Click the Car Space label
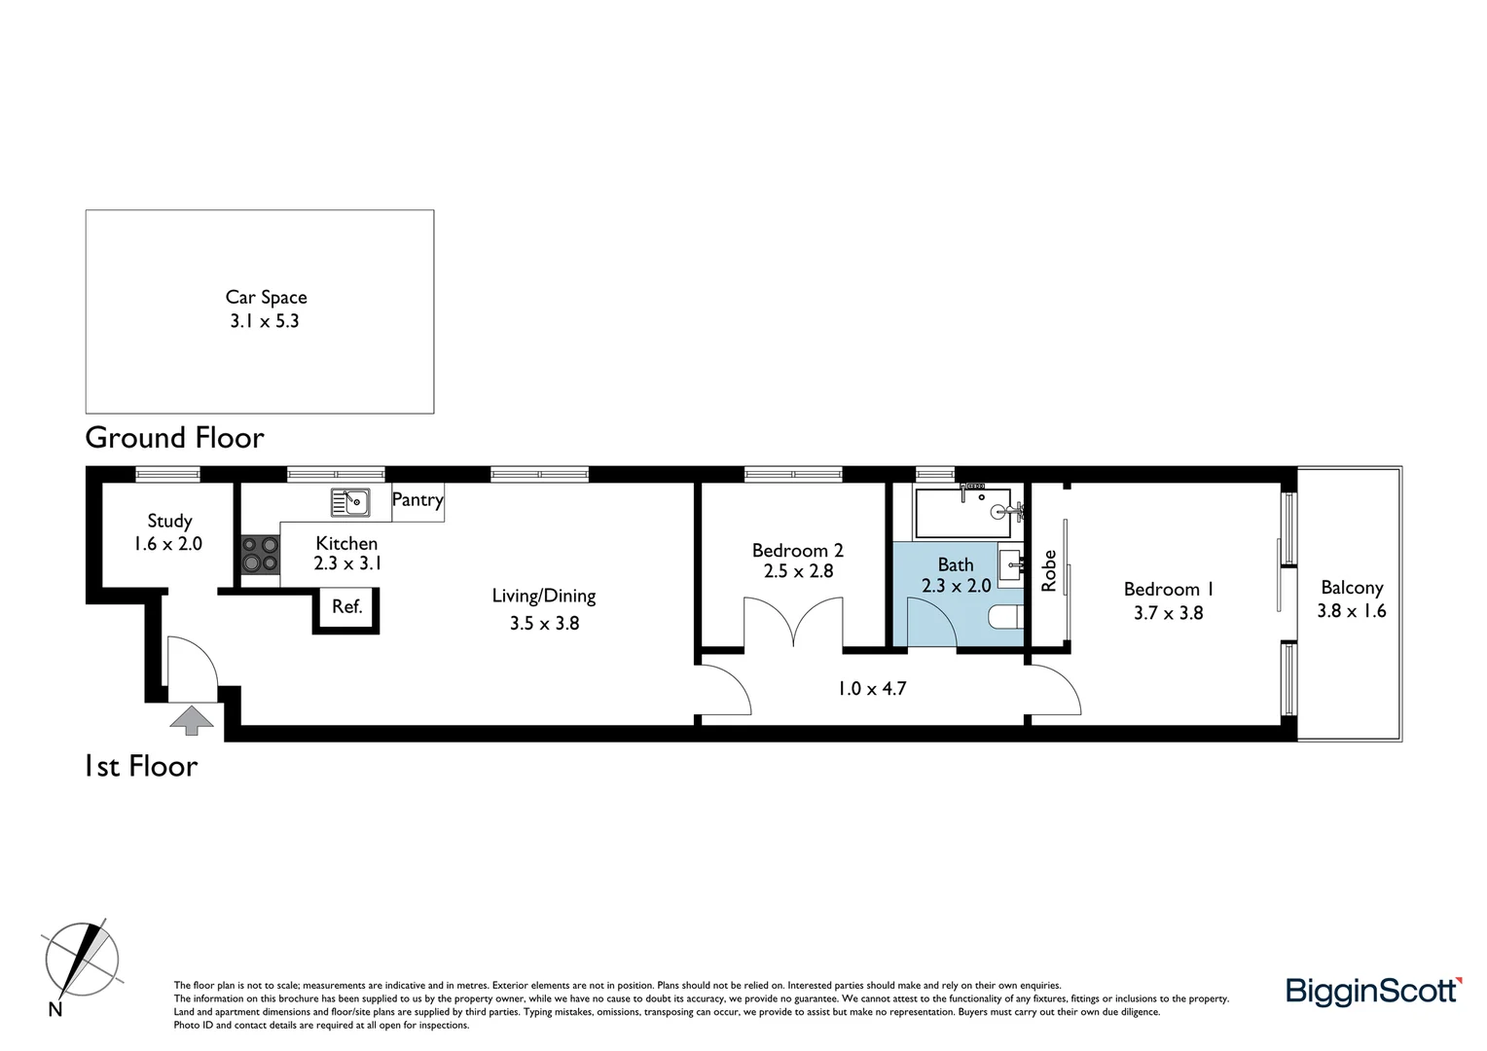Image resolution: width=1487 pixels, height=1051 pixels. coord(266,298)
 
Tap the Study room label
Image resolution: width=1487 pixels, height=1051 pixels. coord(169,521)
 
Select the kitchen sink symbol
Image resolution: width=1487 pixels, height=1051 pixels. coord(350,502)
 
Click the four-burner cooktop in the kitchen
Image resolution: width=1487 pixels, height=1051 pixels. coord(260,554)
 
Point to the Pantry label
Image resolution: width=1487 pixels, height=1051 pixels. coord(417,500)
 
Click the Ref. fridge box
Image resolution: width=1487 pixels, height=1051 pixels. coord(346,607)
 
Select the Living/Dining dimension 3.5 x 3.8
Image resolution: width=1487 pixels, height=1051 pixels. coord(544,623)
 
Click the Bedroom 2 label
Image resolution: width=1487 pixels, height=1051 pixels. coord(797,551)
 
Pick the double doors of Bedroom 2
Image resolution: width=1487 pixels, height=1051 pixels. coord(793,624)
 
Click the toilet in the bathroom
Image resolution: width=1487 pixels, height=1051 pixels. coord(1003,617)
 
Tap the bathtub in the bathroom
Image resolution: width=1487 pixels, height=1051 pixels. coord(963,512)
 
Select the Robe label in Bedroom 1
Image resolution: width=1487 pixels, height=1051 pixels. coord(1049,571)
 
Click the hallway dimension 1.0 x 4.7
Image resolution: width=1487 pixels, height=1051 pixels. coord(871,689)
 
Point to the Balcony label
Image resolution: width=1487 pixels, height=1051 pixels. coord(1352,588)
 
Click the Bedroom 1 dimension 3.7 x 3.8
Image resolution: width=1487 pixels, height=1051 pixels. coord(1168,613)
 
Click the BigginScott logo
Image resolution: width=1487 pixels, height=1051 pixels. coord(1373,991)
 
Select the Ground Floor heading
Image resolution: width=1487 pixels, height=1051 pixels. coord(175,438)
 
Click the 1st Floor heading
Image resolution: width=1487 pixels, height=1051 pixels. coord(142,767)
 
